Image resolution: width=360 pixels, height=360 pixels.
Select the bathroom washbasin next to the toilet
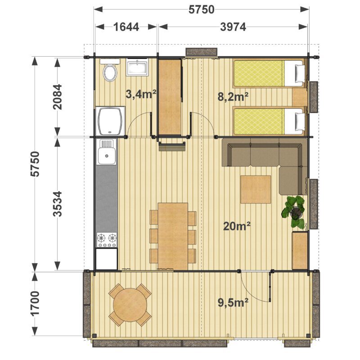pos(137,67)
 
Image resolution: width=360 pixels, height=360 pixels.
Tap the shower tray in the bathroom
pos(110,121)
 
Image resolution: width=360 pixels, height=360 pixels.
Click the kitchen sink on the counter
pos(107,152)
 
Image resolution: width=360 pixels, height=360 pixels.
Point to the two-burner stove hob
pos(107,240)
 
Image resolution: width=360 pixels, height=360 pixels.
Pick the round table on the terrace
pos(130,305)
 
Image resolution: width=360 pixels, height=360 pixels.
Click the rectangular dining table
pos(173,236)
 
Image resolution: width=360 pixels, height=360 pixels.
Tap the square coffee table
pos(256,189)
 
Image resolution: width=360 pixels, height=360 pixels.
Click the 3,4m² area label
pos(141,94)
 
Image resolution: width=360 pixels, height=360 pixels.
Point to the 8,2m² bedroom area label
pos(233,97)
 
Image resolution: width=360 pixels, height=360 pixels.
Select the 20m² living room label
pos(237,226)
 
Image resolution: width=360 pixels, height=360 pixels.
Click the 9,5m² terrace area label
pos(233,302)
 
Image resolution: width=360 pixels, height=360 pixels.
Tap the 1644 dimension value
pos(126,27)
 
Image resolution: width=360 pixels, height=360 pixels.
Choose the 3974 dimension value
pos(233,27)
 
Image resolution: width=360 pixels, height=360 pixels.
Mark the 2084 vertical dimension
pos(58,97)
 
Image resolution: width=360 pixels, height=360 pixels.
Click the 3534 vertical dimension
pos(58,204)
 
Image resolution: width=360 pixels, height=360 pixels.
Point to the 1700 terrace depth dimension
pos(35,303)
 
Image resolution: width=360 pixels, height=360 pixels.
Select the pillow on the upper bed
pos(299,73)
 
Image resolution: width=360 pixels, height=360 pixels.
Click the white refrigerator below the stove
pos(107,258)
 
